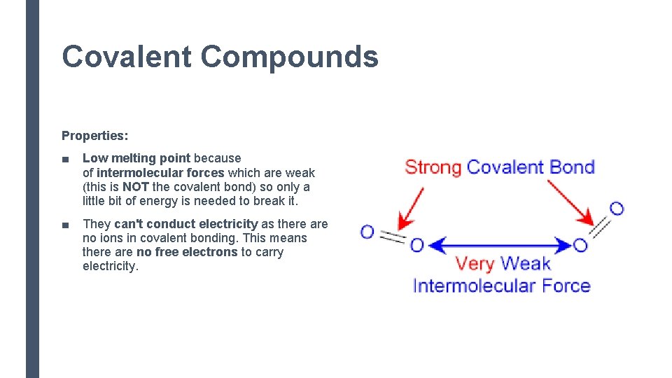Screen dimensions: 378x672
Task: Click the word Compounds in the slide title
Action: (x=290, y=57)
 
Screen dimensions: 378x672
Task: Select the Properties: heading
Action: (x=94, y=135)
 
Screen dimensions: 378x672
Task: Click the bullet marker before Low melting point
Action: (x=65, y=159)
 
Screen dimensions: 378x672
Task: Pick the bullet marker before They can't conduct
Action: (x=65, y=225)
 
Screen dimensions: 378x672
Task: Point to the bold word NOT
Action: (x=136, y=187)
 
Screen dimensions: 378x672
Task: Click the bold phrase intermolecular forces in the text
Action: (x=160, y=173)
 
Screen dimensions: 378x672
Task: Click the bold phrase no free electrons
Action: (x=187, y=252)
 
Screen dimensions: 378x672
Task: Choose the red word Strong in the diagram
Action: (x=433, y=167)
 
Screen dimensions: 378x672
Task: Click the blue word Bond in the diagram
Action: (x=571, y=167)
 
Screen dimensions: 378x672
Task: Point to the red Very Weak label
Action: (x=503, y=264)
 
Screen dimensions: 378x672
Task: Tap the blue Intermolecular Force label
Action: (x=501, y=286)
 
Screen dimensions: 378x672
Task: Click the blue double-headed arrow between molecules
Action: (x=499, y=246)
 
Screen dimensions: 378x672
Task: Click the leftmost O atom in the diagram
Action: (x=367, y=232)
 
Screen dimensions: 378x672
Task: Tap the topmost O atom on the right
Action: (x=616, y=208)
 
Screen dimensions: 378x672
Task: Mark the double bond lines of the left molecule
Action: (x=393, y=239)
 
